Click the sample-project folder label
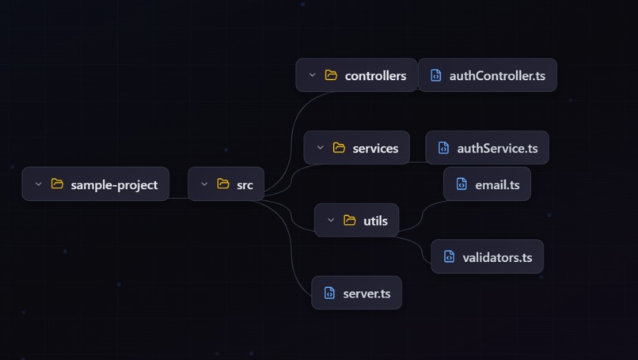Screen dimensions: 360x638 pyautogui.click(x=114, y=184)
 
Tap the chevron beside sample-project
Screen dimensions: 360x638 pyautogui.click(x=38, y=184)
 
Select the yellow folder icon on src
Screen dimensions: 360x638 pyautogui.click(x=223, y=184)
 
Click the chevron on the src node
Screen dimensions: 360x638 pyautogui.click(x=204, y=184)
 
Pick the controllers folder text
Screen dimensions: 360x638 pyautogui.click(x=375, y=76)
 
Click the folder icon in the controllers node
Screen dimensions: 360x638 pyautogui.click(x=331, y=76)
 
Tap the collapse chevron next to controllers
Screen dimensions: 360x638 pyautogui.click(x=312, y=76)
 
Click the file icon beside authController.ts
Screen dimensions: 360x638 pyautogui.click(x=435, y=76)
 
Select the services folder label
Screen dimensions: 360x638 pyautogui.click(x=375, y=148)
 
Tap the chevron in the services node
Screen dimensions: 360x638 pyautogui.click(x=320, y=148)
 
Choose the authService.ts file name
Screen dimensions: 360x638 pyautogui.click(x=497, y=148)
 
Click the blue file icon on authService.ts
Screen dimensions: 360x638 pyautogui.click(x=443, y=148)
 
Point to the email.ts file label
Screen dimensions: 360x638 pyautogui.click(x=497, y=184)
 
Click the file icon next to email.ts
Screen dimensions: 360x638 pyautogui.click(x=461, y=184)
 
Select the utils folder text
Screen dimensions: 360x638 pyautogui.click(x=375, y=221)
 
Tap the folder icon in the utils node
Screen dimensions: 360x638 pyautogui.click(x=350, y=221)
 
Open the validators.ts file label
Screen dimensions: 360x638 pyautogui.click(x=497, y=257)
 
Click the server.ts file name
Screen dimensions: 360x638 pyautogui.click(x=366, y=294)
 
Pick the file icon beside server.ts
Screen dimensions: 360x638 pyautogui.click(x=329, y=294)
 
